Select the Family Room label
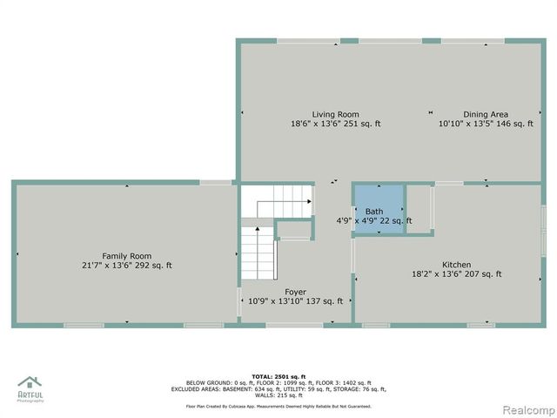coord(126,255)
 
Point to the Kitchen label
coord(456,265)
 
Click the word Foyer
coord(295,292)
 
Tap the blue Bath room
coord(378,208)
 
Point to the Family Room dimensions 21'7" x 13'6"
coord(110,266)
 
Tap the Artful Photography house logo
coord(30,382)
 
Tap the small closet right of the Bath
coord(419,208)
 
